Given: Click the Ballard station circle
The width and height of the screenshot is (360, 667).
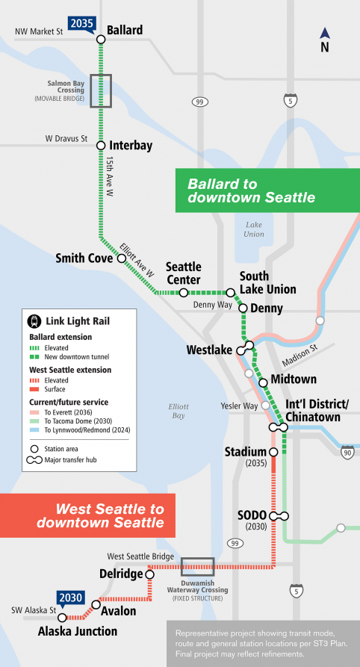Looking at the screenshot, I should (100, 39).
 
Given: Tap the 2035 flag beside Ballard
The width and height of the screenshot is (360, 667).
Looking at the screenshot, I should (81, 23).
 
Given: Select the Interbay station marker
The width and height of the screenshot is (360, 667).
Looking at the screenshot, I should (100, 145).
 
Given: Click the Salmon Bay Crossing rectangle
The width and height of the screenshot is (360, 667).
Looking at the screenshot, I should (100, 90).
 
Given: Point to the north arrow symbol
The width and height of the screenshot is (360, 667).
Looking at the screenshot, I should (324, 34).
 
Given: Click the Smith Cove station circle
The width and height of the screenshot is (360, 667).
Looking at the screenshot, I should (120, 258).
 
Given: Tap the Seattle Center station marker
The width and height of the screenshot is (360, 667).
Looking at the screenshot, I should (183, 293).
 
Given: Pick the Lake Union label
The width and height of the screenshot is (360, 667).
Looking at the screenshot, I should (253, 229).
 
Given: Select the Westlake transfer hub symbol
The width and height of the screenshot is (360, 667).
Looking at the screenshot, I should (245, 348).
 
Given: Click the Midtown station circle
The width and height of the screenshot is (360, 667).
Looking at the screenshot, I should (263, 382).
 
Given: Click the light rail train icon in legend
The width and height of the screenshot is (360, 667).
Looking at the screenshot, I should (34, 321).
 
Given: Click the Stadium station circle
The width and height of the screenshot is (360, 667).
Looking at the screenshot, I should (273, 452).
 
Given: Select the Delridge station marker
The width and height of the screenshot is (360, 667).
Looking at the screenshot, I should (149, 575).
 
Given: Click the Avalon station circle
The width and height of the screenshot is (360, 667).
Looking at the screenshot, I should (96, 604).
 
